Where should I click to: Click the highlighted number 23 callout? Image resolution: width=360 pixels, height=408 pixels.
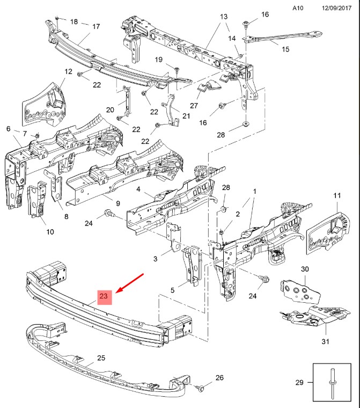(104, 296)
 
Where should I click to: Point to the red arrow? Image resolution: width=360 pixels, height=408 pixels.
(130, 283)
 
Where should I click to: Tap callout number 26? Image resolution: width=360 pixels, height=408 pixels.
(219, 378)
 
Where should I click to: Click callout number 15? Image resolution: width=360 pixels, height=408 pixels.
(285, 49)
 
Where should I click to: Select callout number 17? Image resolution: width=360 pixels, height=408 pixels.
(96, 26)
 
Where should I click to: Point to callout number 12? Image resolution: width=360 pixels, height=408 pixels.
(69, 71)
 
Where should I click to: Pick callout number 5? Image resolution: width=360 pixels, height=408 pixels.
(172, 290)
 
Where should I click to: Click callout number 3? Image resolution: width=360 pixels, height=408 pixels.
(155, 259)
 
